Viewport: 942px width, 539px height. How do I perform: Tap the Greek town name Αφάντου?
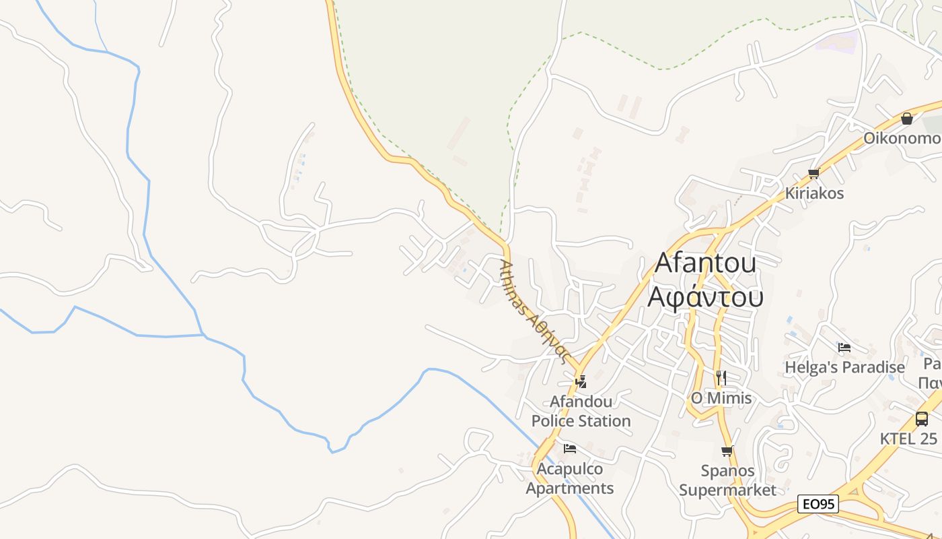(705, 296)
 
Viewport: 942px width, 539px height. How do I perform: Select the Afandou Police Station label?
(581, 411)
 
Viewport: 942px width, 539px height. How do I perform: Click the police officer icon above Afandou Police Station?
(581, 382)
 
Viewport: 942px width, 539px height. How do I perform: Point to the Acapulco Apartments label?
(570, 478)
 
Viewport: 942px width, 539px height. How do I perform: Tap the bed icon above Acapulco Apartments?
(570, 449)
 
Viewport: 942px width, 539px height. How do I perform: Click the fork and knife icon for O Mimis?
(721, 377)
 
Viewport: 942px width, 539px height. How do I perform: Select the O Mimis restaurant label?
(721, 398)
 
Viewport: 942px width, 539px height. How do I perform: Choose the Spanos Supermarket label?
(727, 480)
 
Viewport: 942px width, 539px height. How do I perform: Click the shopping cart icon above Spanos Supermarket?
(727, 451)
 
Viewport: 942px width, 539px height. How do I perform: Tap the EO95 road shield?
(818, 504)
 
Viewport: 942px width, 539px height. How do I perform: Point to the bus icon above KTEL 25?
(922, 418)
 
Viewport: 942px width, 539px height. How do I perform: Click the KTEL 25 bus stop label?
(908, 439)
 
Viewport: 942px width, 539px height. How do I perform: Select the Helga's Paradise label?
(844, 367)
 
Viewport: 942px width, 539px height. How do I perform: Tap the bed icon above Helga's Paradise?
(844, 348)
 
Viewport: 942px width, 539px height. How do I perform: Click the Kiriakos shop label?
(814, 193)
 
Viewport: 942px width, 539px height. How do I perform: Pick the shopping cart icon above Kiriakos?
(814, 173)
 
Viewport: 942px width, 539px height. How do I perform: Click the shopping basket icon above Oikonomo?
(907, 119)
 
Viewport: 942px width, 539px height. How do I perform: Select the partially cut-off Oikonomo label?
(902, 138)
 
